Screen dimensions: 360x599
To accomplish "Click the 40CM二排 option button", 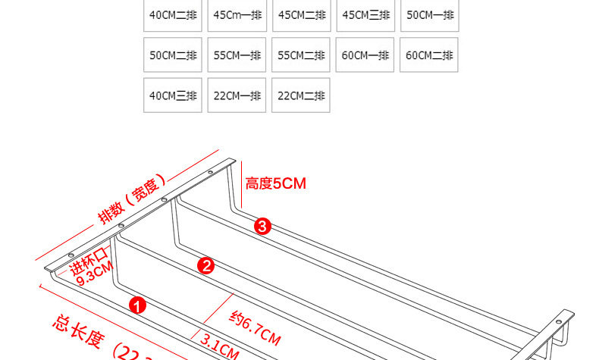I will (173, 15).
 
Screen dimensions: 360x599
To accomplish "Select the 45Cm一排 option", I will (237, 15).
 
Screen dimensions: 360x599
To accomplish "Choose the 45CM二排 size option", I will (302, 15).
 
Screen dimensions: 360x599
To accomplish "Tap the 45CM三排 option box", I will (366, 15).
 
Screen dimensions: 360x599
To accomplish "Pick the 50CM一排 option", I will (430, 15).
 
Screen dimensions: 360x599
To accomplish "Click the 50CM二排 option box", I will (173, 55).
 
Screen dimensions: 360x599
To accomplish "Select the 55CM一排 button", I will (237, 55).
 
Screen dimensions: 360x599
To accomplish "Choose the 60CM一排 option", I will (366, 55).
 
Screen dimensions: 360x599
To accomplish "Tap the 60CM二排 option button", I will (430, 55).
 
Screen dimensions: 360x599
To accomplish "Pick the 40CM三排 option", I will (173, 95).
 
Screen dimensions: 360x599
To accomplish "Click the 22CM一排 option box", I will (237, 95).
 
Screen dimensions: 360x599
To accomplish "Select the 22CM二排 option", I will (302, 95).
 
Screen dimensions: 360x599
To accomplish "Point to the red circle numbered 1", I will (137, 305).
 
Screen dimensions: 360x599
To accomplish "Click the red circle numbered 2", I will (205, 265).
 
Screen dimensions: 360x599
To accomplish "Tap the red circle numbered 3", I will (262, 226).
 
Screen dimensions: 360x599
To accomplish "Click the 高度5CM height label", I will (275, 183).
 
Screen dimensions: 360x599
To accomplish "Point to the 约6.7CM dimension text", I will (256, 330).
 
